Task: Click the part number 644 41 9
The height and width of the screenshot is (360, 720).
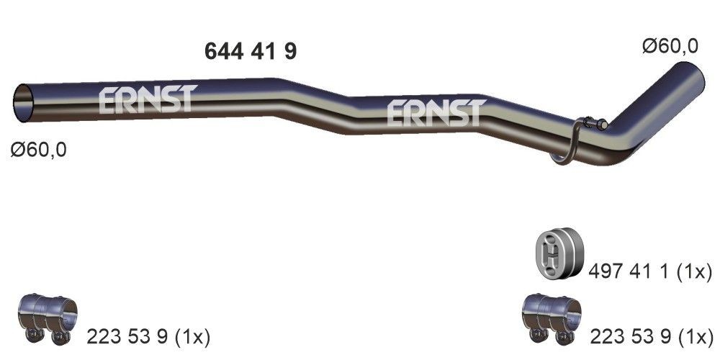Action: click(x=251, y=51)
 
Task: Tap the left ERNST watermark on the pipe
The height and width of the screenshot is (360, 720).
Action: click(x=146, y=100)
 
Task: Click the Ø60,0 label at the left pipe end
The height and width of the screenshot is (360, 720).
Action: click(x=39, y=150)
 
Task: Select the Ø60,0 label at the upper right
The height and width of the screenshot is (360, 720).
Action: click(x=670, y=46)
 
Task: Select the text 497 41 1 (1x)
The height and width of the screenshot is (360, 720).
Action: click(x=650, y=272)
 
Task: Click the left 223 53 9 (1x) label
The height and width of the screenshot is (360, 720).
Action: click(x=148, y=336)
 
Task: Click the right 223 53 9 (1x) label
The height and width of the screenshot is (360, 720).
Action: click(x=651, y=336)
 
